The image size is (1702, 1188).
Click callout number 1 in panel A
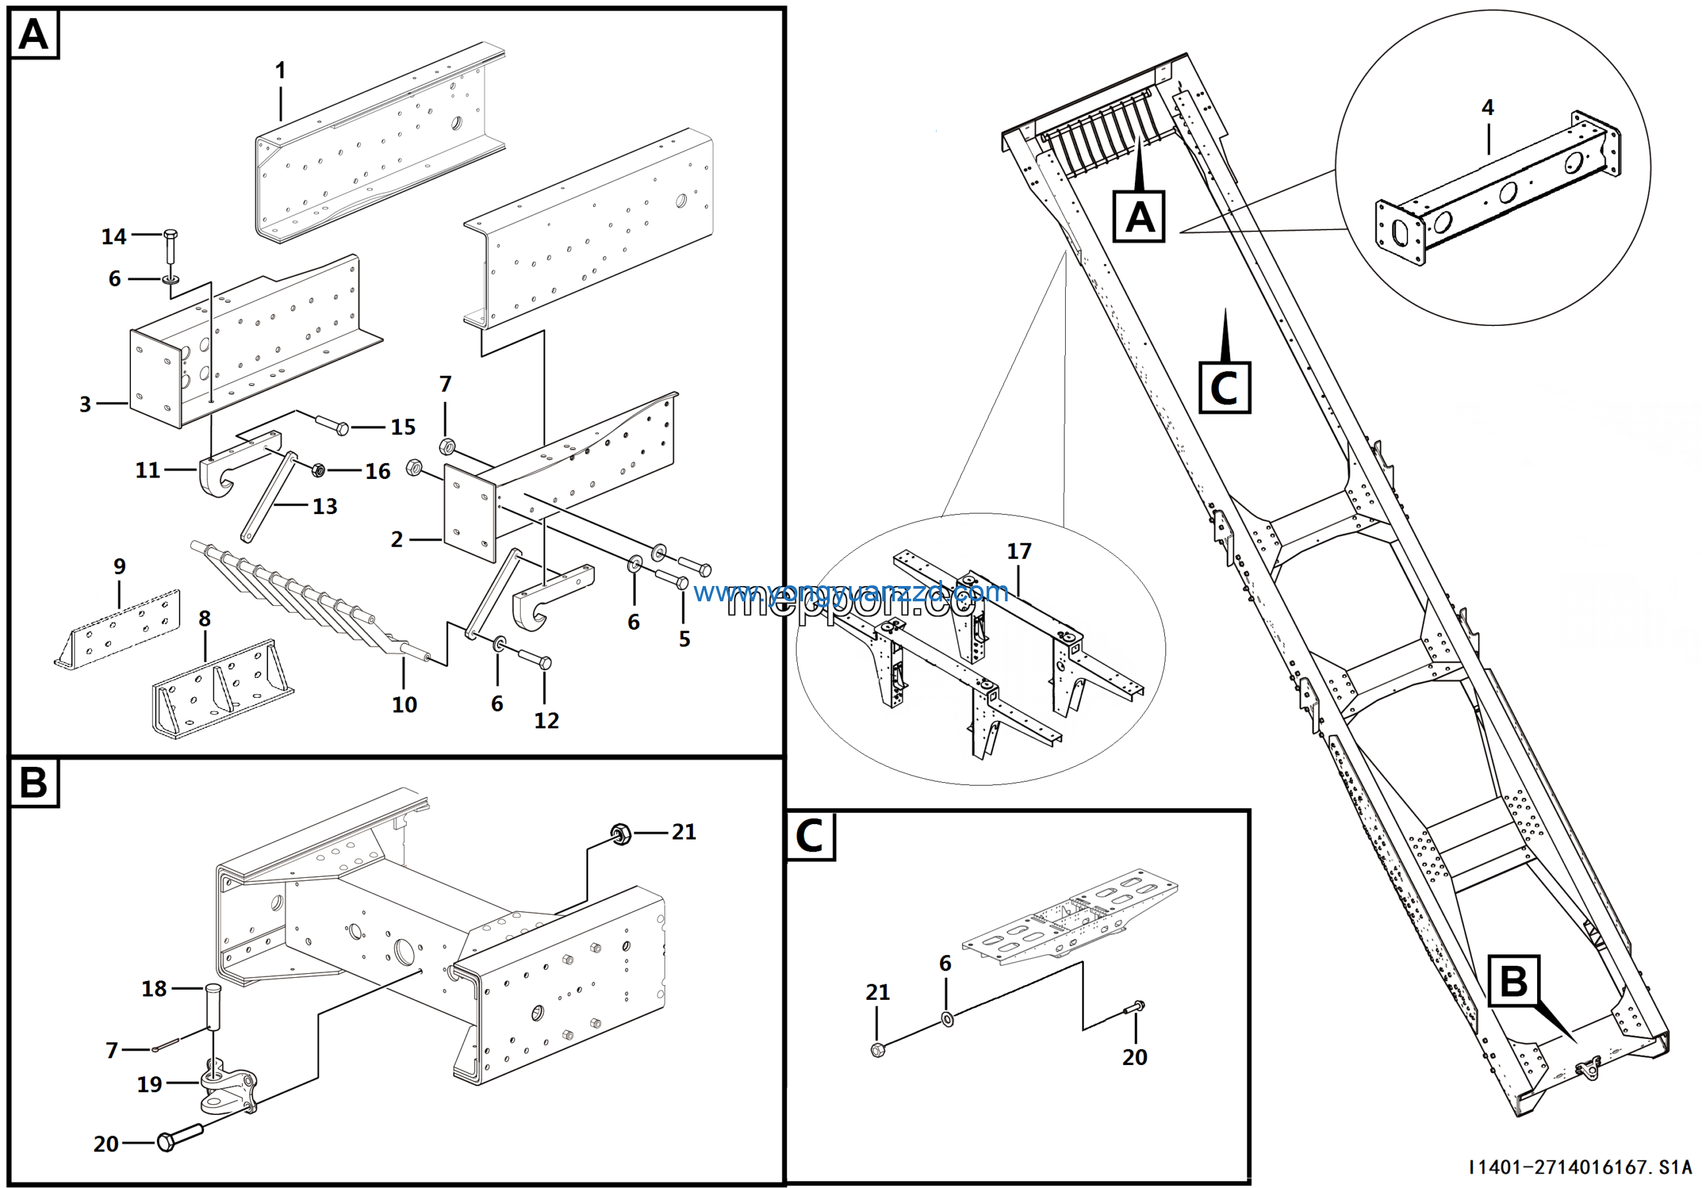[x=280, y=71]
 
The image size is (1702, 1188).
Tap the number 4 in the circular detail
[x=1487, y=108]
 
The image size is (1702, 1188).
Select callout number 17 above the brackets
[x=1019, y=551]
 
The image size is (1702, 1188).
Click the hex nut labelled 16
[x=318, y=470]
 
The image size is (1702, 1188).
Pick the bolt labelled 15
[x=332, y=426]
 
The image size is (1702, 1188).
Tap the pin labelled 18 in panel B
[x=213, y=1006]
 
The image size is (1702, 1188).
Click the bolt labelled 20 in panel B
[x=180, y=1138]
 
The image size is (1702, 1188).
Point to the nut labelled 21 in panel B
[x=620, y=833]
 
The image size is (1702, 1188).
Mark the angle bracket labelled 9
[x=118, y=630]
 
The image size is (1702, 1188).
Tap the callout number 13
[x=324, y=506]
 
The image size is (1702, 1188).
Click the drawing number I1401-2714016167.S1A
[x=1580, y=1167]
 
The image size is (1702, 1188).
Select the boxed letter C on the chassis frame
[x=1224, y=387]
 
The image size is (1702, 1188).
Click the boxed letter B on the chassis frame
[x=1514, y=980]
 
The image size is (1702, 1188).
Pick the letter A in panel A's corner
[x=33, y=34]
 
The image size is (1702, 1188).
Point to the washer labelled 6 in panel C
[x=947, y=1019]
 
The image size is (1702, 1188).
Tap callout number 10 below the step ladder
[x=404, y=704]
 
